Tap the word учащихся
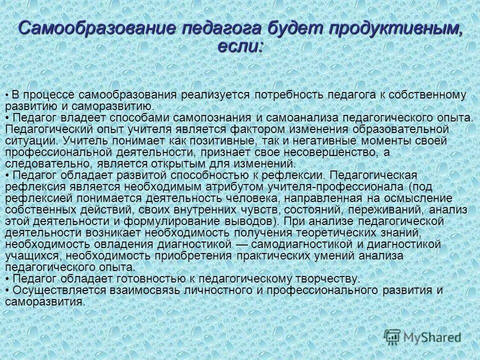pos(27,255)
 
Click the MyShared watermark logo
pos(422,336)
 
